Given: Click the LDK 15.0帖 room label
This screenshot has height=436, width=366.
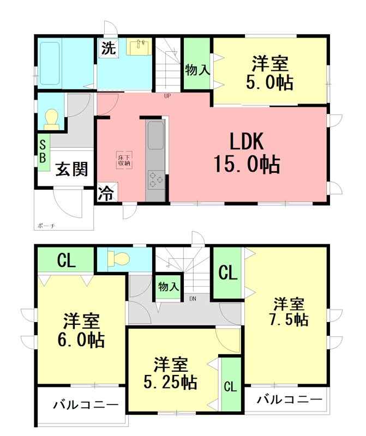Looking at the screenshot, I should click(247, 153).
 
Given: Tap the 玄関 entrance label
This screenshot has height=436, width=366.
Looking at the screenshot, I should click(71, 169).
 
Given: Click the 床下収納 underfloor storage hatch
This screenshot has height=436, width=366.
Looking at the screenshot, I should click(123, 160).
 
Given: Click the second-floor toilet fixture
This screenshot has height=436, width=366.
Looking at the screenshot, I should click(117, 258).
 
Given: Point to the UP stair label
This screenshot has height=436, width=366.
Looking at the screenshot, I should click(167, 97).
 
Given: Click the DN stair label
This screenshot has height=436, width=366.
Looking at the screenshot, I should click(193, 298).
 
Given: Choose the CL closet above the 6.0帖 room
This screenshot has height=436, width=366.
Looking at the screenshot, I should click(66, 261).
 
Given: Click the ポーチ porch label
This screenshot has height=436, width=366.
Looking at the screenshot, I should click(46, 225).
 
